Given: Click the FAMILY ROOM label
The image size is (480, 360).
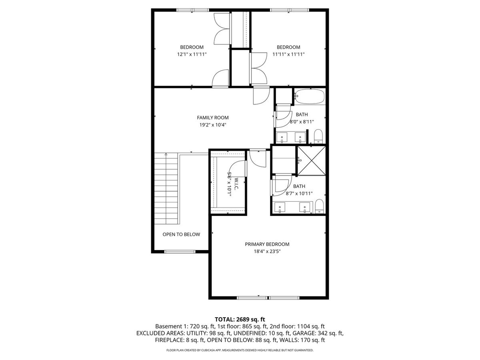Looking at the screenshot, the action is pyautogui.click(x=212, y=118).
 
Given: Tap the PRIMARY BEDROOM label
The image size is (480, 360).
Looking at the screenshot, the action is pyautogui.click(x=267, y=244).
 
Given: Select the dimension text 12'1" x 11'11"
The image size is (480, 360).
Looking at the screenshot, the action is pyautogui.click(x=192, y=54).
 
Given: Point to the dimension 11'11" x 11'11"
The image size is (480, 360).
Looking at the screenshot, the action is pyautogui.click(x=288, y=54).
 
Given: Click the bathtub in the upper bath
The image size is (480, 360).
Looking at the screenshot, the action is pyautogui.click(x=310, y=96).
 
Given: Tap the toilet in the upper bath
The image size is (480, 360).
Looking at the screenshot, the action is pyautogui.click(x=318, y=137).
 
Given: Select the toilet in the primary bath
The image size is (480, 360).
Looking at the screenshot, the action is pyautogui.click(x=320, y=206).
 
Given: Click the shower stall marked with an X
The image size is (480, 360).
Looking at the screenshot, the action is pyautogui.click(x=311, y=161).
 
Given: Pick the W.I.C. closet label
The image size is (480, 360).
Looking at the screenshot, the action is pyautogui.click(x=236, y=184).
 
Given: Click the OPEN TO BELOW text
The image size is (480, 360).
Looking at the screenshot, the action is pyautogui.click(x=181, y=234).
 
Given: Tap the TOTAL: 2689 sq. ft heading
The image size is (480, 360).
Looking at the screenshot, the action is pyautogui.click(x=240, y=319).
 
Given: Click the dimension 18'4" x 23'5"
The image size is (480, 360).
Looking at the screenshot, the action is pyautogui.click(x=267, y=251).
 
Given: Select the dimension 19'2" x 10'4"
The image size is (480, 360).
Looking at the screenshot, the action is pyautogui.click(x=212, y=125).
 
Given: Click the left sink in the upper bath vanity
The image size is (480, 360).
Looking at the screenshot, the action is pyautogui.click(x=282, y=138).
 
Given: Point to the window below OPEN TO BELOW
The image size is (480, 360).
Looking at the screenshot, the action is pyautogui.click(x=180, y=252).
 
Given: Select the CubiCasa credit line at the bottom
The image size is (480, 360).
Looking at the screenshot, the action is pyautogui.click(x=240, y=350).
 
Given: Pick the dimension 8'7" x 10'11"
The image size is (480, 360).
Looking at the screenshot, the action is pyautogui.click(x=299, y=194).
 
